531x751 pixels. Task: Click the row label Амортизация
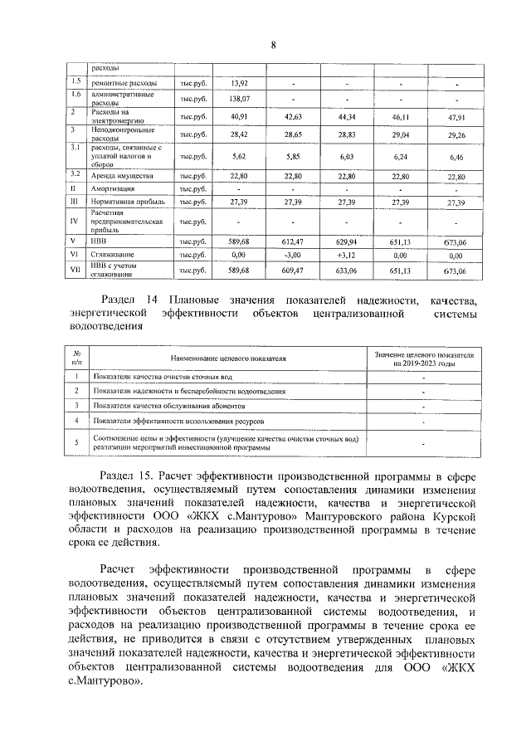click(114, 188)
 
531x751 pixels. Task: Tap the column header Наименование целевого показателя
click(228, 358)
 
